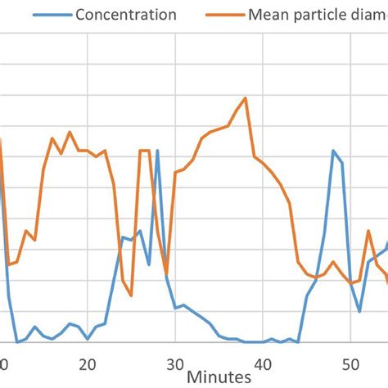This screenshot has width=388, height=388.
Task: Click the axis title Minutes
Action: coord(217,377)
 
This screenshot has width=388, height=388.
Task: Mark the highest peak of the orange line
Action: coord(245,97)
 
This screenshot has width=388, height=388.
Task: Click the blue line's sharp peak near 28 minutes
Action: coord(157,150)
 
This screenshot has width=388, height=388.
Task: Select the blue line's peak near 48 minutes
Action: coord(332,151)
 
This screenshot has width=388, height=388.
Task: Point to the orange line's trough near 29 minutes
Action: coord(166,274)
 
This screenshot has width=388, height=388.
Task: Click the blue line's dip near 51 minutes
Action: coord(359,311)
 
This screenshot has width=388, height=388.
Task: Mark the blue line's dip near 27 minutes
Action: coord(149,264)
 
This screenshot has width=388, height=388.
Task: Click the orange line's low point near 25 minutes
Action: coord(131,293)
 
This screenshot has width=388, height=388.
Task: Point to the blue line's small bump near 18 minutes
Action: coord(70,323)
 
